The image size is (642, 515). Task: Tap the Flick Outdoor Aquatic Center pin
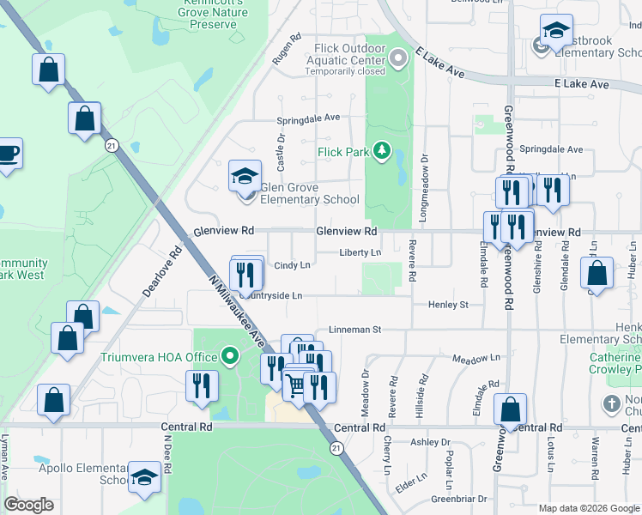pos(397,59)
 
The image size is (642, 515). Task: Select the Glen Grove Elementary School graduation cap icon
pos(245,177)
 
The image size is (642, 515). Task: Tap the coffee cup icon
pos(8,154)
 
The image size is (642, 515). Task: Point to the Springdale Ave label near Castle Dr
pos(308,118)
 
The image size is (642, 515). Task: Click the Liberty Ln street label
pos(360,253)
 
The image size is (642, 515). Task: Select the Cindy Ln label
pos(292,265)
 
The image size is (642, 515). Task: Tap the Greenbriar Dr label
pos(459,499)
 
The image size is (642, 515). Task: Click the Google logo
pos(28,505)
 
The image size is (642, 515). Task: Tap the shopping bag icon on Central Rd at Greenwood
pos(511,409)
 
